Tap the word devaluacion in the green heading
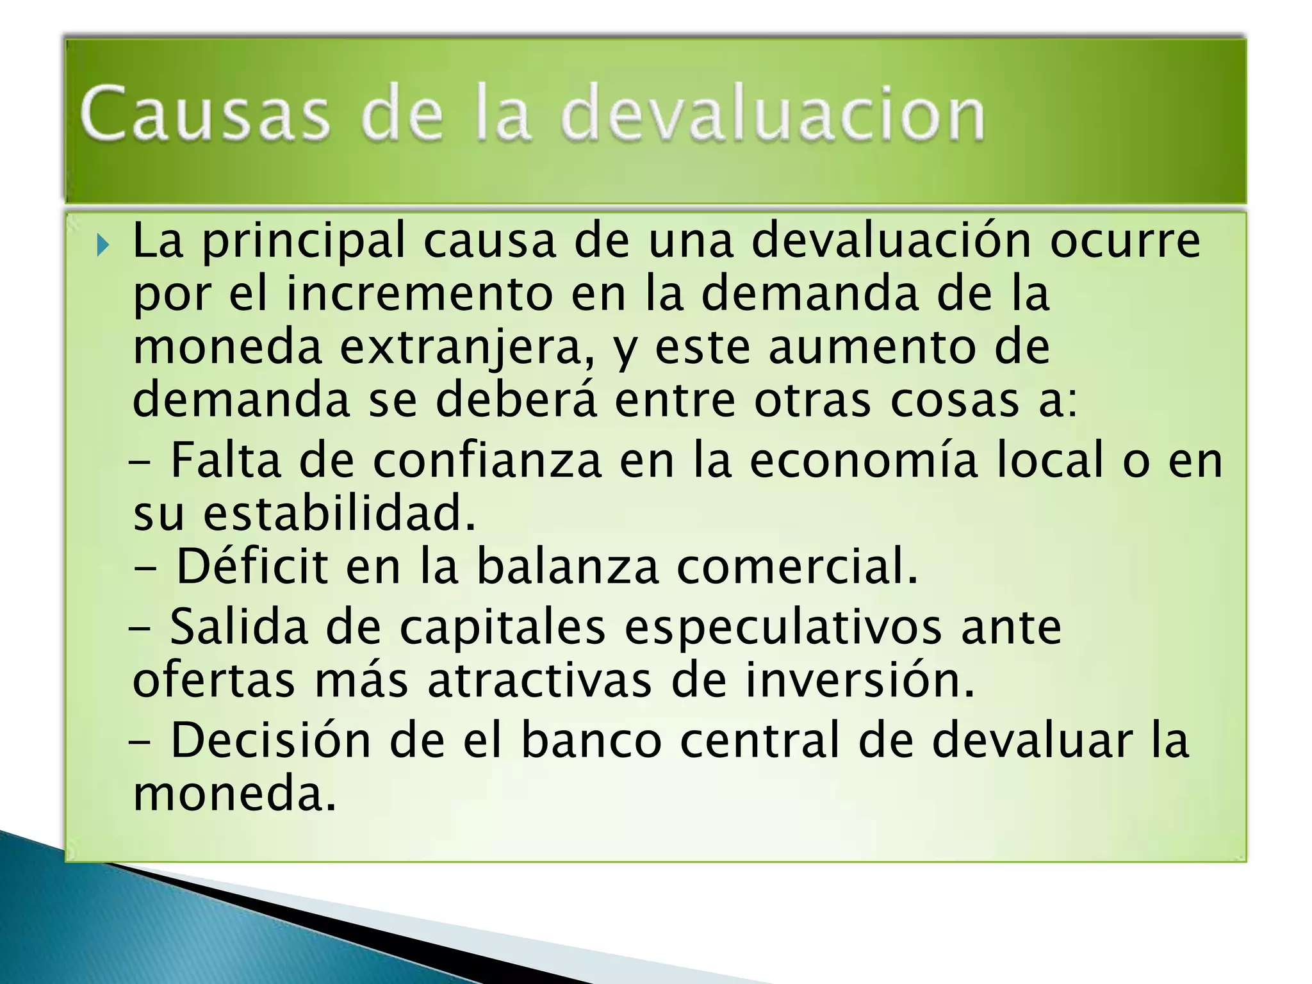(772, 114)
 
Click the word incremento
(420, 294)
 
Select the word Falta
(225, 460)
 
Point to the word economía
(864, 460)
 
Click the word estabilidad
(340, 513)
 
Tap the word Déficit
(252, 566)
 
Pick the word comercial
(797, 566)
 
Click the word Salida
(239, 627)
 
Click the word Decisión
(270, 740)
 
